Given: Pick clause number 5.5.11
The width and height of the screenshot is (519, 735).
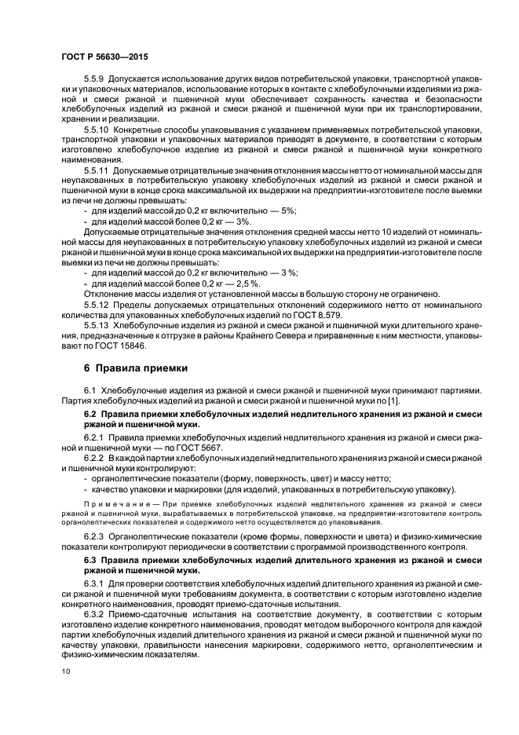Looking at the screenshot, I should click(x=97, y=169).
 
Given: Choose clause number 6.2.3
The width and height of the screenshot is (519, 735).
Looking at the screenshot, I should click(x=95, y=537).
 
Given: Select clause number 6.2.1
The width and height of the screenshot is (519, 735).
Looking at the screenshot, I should click(x=95, y=437).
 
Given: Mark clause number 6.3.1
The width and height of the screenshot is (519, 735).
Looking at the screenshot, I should click(x=95, y=584).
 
